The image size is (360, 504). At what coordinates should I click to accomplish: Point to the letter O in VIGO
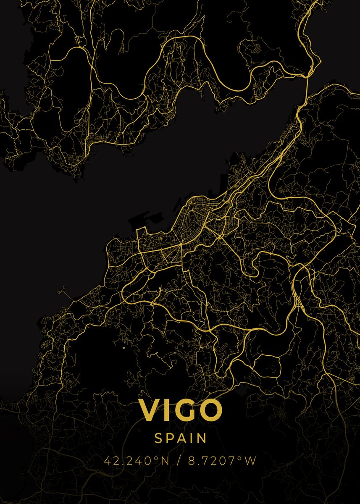210,410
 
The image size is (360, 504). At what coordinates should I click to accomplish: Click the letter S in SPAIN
158,438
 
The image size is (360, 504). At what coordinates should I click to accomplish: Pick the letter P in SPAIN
170,438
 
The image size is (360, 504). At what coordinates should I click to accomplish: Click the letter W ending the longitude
250,461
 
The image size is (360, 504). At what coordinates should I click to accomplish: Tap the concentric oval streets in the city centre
194,217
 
